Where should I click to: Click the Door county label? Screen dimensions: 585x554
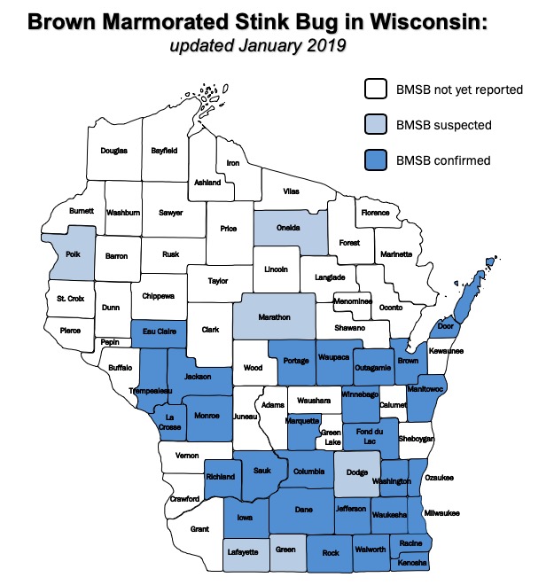(445, 326)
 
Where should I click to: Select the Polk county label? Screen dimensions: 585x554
(74, 253)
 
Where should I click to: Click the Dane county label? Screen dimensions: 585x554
(303, 509)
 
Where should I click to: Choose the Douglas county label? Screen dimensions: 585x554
(113, 151)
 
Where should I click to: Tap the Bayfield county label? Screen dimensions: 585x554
(165, 151)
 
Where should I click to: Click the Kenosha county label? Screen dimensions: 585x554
(412, 563)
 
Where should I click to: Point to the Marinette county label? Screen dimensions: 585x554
(397, 254)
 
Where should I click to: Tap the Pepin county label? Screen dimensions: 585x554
(111, 342)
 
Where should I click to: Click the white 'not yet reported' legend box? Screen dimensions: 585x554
(376, 90)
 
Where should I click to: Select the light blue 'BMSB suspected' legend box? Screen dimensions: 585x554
(376, 125)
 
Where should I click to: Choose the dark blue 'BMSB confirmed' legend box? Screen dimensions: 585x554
(376, 160)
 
